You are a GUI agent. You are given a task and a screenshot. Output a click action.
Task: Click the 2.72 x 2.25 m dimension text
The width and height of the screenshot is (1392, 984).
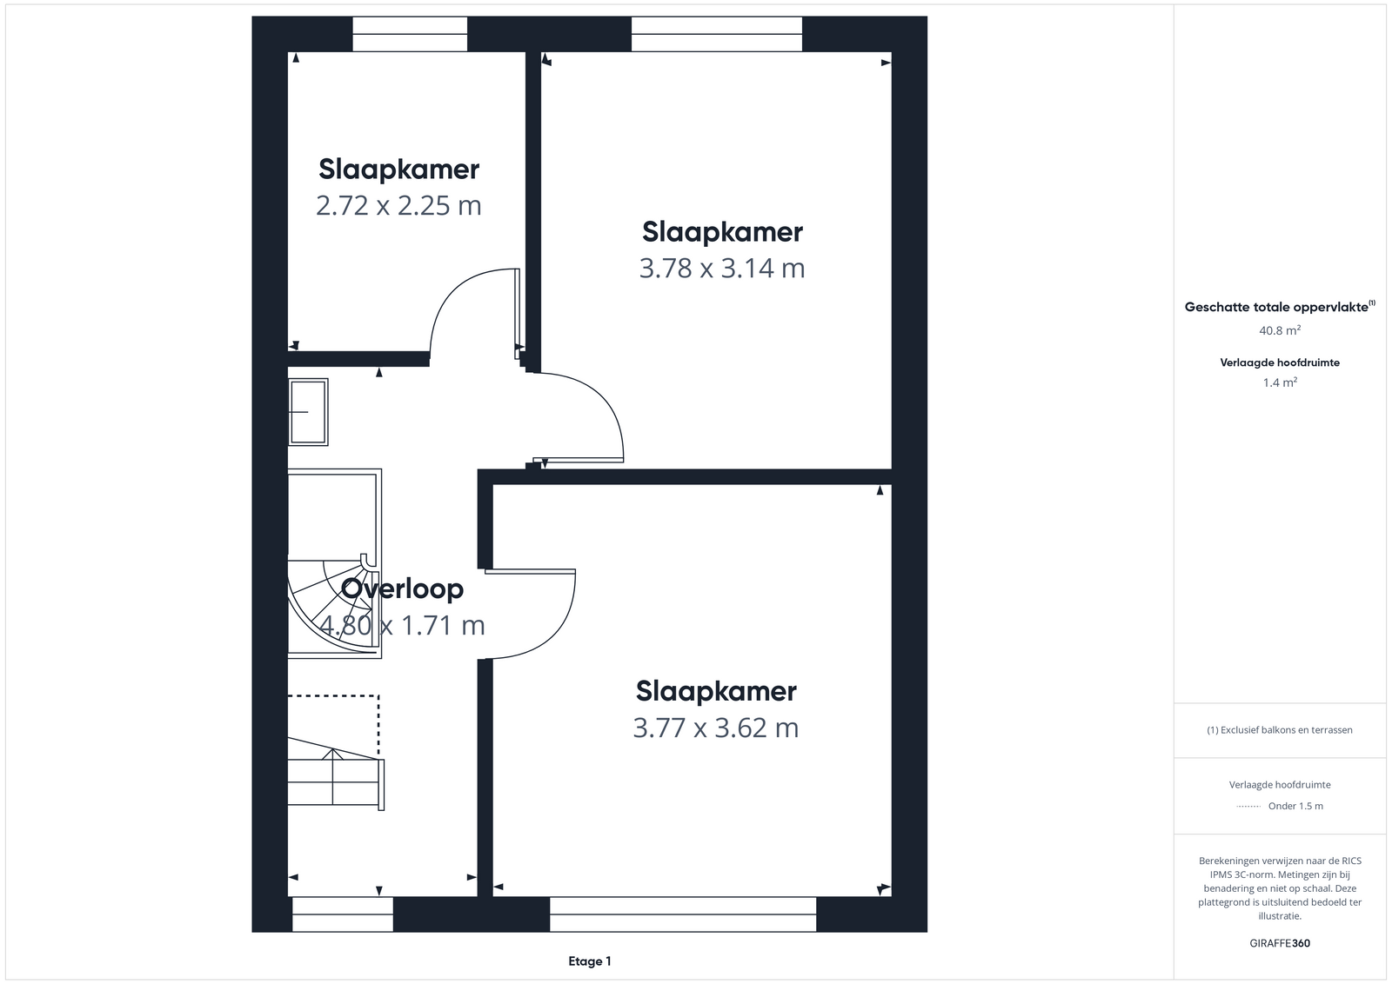pos(398,205)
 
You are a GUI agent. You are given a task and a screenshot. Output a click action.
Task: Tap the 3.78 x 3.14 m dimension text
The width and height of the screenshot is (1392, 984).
pos(722,269)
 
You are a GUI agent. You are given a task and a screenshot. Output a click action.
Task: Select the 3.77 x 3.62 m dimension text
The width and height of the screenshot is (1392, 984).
pos(716,728)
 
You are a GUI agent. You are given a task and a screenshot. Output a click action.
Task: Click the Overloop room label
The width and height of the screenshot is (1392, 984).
pos(402,588)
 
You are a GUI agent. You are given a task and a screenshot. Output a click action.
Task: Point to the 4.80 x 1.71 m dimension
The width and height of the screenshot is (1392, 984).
pos(402,625)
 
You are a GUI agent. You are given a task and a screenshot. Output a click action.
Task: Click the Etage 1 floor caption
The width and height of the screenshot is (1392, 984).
pos(590,961)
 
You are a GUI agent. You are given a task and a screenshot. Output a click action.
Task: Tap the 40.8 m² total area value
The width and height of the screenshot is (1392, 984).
pos(1280,330)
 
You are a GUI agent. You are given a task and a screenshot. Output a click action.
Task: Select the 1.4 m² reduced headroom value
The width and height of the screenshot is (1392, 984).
pos(1280,382)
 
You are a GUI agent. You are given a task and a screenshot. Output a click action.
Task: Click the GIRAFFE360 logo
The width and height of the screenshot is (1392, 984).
pos(1280,943)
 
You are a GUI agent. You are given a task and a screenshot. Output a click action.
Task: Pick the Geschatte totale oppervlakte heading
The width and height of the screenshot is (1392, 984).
pos(1280,307)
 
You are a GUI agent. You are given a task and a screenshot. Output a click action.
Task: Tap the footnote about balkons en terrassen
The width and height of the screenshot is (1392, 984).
pos(1280,730)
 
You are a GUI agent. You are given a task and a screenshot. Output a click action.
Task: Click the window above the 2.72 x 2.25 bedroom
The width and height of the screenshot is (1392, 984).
pos(410,34)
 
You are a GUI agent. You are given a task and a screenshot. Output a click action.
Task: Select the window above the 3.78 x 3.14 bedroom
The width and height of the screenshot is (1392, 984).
pos(717,34)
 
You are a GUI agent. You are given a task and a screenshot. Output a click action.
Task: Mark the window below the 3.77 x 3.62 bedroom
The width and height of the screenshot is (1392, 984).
pos(683,914)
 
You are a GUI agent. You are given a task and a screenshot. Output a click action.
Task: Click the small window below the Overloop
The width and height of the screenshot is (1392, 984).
pos(343,914)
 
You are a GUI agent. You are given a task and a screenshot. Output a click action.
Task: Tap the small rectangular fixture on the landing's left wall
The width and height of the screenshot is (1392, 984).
pos(308,412)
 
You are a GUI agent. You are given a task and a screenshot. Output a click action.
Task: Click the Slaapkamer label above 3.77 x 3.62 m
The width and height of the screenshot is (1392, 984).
pos(716,692)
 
